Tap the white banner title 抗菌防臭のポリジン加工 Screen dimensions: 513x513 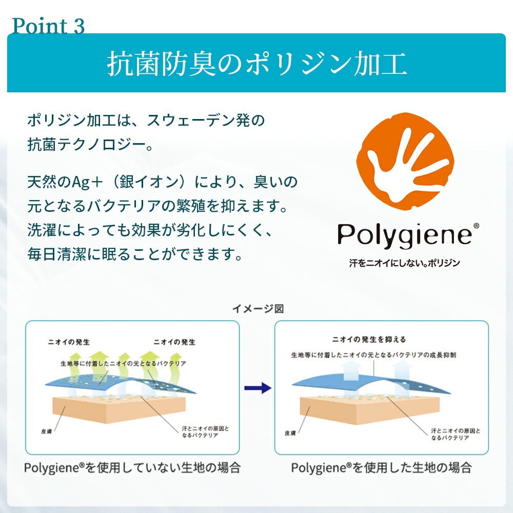(x=256, y=64)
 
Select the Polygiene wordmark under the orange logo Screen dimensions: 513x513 (x=404, y=235)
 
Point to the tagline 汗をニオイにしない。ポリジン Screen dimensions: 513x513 (x=404, y=263)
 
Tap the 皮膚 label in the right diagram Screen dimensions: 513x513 (x=290, y=433)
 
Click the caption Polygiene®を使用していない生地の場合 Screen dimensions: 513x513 (x=132, y=468)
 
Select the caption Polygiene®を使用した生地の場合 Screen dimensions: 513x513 (x=381, y=468)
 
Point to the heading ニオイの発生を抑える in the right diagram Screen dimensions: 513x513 (x=369, y=339)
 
